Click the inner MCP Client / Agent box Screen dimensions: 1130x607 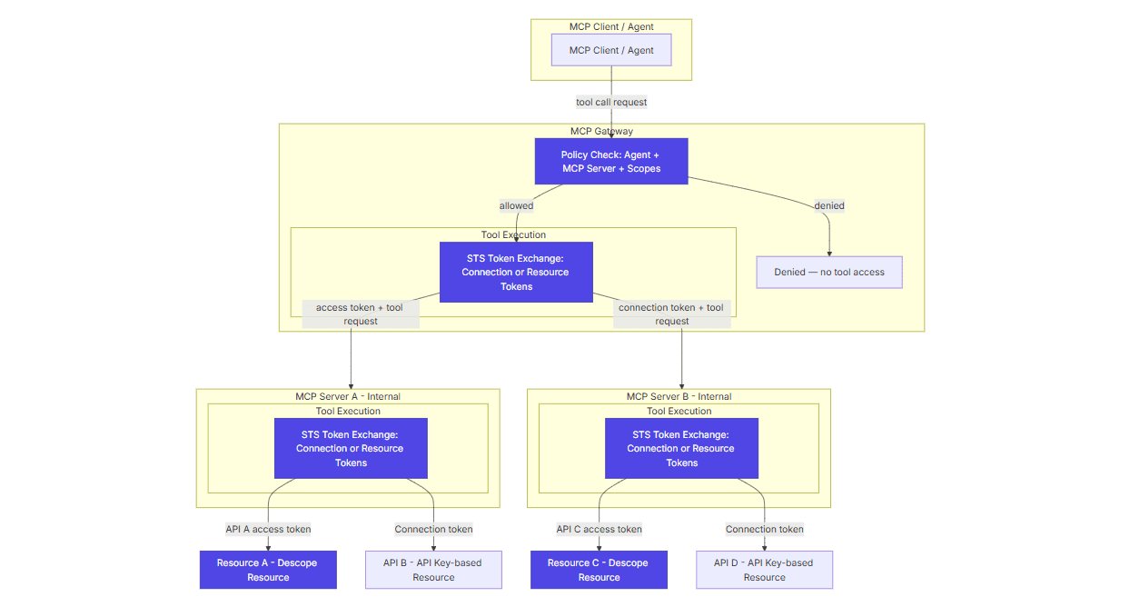click(x=610, y=50)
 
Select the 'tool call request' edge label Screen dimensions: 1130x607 click(x=611, y=102)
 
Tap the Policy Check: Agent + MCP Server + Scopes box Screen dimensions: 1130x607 click(x=610, y=162)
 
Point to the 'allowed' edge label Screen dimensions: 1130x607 click(x=516, y=205)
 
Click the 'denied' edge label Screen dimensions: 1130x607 click(x=828, y=205)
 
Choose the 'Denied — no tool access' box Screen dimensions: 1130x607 click(x=828, y=272)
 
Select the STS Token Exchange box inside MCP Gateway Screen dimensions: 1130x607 click(x=515, y=272)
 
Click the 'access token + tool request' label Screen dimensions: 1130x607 click(x=360, y=313)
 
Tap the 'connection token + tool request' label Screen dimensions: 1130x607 click(x=671, y=313)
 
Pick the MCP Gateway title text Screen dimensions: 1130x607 click(x=601, y=131)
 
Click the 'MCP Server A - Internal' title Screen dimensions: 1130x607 click(x=348, y=396)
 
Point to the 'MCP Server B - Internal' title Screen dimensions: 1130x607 click(x=679, y=396)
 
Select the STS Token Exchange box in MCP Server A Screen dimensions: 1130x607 click(x=350, y=448)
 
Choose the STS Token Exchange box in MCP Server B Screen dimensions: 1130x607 click(x=681, y=448)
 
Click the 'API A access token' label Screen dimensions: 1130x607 click(x=268, y=529)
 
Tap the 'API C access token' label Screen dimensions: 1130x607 click(x=599, y=529)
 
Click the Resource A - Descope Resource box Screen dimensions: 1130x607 click(x=268, y=570)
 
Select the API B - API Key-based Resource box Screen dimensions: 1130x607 click(x=433, y=570)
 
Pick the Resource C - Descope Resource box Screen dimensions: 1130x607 click(x=599, y=570)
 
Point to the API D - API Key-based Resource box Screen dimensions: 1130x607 click(x=764, y=570)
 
